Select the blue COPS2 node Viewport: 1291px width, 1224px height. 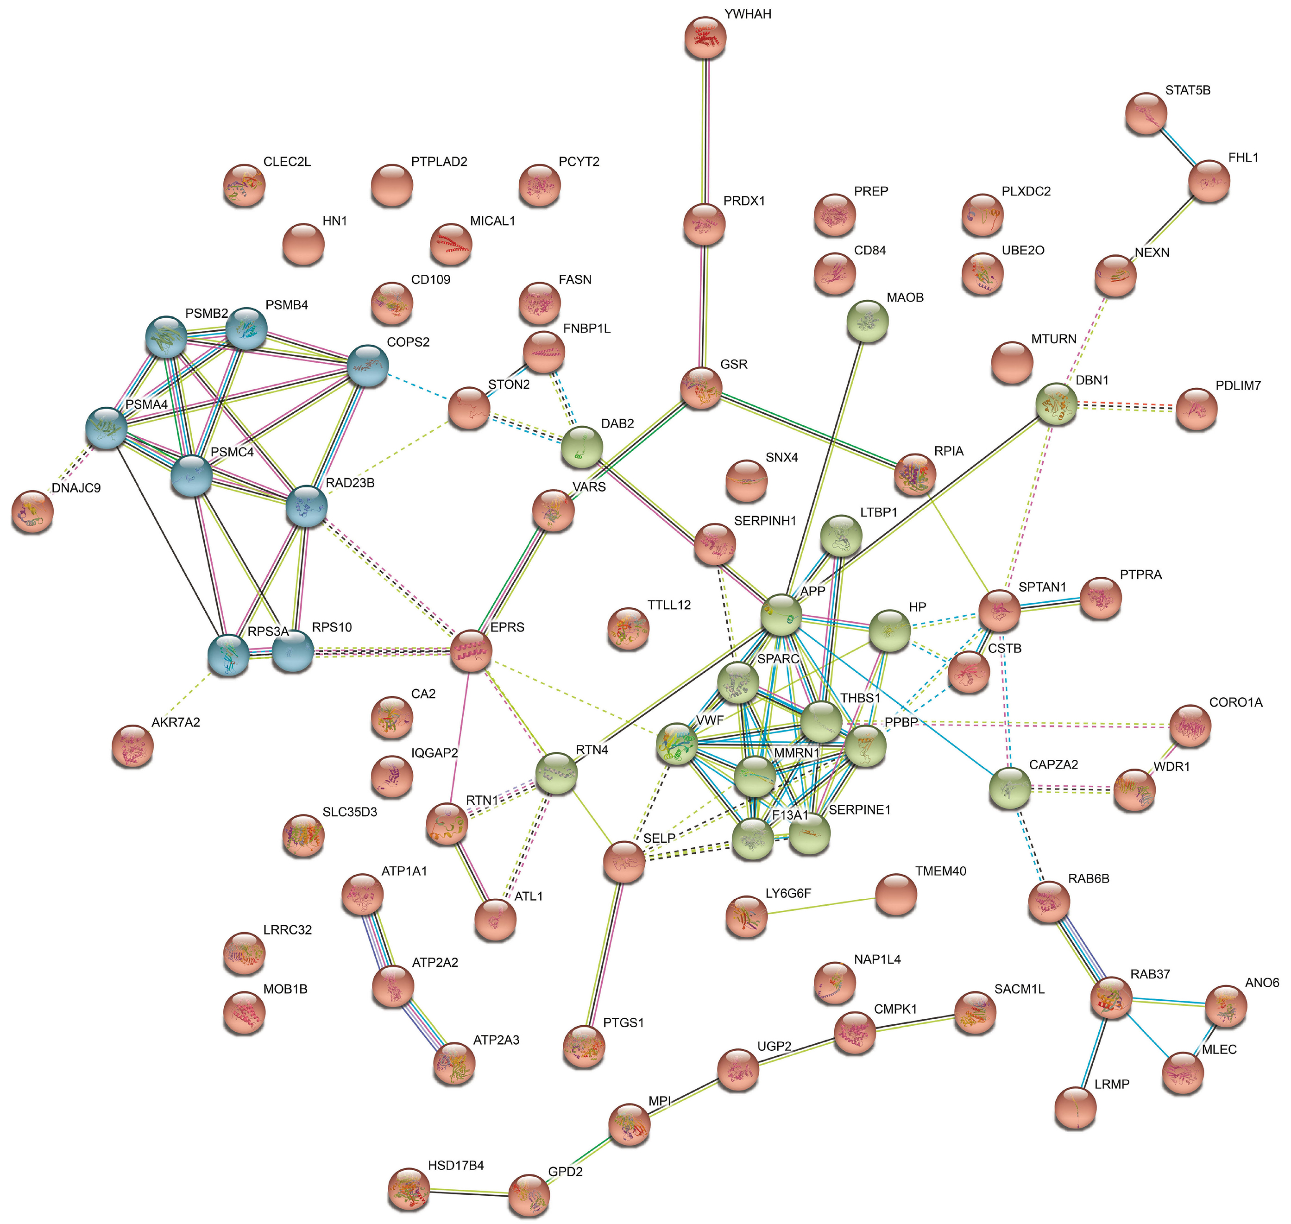[x=368, y=366]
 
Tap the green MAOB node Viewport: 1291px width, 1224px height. [x=867, y=320]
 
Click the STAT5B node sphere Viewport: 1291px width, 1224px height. [x=1146, y=114]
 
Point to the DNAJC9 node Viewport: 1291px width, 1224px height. [x=32, y=511]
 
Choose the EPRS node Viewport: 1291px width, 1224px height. [x=471, y=650]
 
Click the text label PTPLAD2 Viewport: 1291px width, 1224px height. [x=439, y=162]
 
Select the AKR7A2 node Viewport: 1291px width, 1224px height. [x=133, y=745]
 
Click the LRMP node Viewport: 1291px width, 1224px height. [x=1076, y=1107]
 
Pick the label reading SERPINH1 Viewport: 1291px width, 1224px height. [x=765, y=521]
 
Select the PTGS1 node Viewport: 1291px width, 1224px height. [x=584, y=1046]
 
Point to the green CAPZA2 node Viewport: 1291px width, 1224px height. [x=1010, y=788]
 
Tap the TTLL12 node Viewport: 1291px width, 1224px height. [x=628, y=628]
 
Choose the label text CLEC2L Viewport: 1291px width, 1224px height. [x=287, y=162]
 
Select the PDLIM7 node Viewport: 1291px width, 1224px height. [x=1197, y=409]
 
